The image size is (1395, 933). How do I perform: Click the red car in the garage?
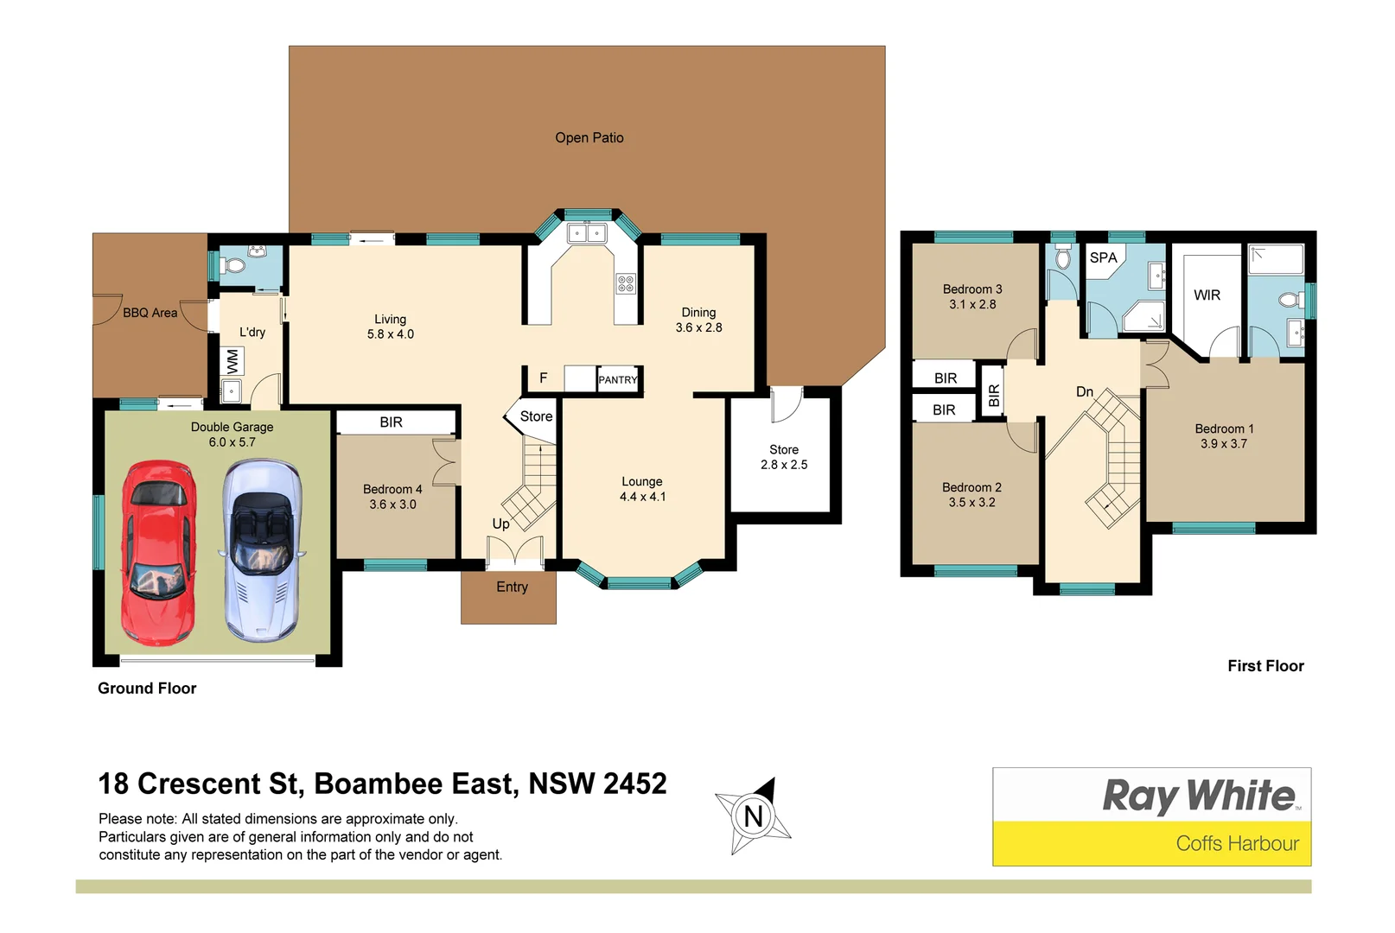(x=159, y=553)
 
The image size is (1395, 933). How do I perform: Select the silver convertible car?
(x=262, y=550)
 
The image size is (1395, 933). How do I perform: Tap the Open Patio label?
(x=589, y=137)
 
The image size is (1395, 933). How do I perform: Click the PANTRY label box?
(x=617, y=379)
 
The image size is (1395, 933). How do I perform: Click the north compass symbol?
(x=753, y=816)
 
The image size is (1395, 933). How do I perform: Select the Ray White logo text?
(x=1199, y=796)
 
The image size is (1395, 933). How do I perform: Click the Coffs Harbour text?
(x=1237, y=843)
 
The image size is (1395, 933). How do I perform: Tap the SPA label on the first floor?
(x=1103, y=257)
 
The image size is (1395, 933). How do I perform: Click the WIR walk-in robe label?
(x=1207, y=295)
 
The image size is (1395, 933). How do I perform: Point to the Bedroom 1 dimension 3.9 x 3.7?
(x=1223, y=444)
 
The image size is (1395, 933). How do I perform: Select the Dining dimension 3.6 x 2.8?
(x=698, y=327)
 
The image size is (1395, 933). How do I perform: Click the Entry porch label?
(x=512, y=587)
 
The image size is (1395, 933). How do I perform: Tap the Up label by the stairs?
(x=500, y=524)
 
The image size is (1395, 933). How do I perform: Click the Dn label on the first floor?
(x=1085, y=391)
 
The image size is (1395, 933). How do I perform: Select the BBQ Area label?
(x=150, y=313)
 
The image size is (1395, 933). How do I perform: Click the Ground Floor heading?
(x=147, y=689)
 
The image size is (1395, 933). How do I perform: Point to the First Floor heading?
(x=1265, y=666)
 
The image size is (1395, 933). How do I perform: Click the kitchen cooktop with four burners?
(x=626, y=283)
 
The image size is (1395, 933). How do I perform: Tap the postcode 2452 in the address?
(x=635, y=784)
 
